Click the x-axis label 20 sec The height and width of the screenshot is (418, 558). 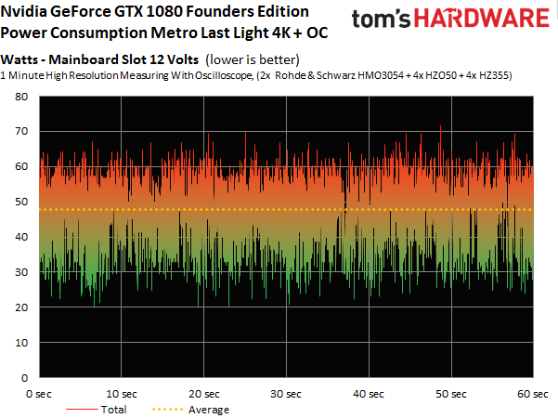tap(203, 393)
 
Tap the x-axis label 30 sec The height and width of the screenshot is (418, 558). tap(286, 393)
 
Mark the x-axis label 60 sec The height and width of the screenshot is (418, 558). tap(531, 393)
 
